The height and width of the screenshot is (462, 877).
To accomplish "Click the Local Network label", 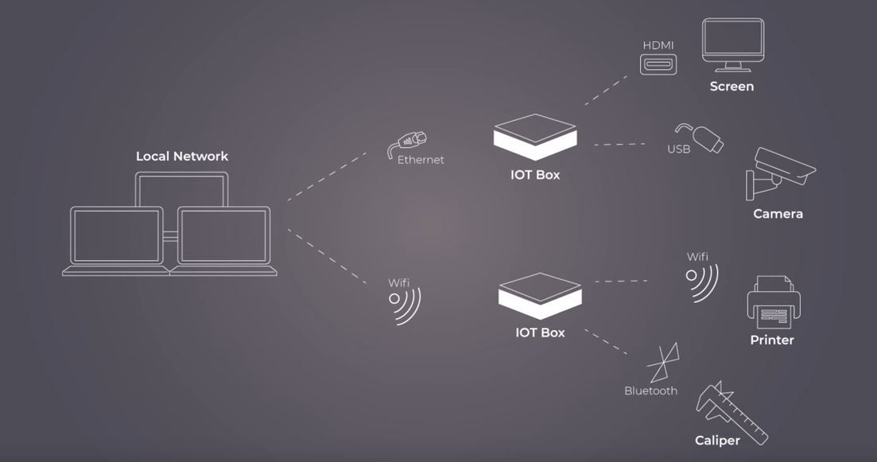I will tap(182, 157).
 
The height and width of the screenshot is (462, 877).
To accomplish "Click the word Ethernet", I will tap(421, 160).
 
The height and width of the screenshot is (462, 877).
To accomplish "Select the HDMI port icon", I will tap(658, 64).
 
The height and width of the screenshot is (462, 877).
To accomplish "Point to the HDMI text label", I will tap(658, 45).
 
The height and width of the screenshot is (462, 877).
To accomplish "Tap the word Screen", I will tap(731, 87).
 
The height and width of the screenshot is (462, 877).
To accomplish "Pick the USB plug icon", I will tap(700, 137).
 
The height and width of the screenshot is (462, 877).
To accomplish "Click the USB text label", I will tap(678, 149).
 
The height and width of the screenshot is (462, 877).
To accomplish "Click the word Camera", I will tap(778, 214).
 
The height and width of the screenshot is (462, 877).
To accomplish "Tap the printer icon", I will tap(773, 302).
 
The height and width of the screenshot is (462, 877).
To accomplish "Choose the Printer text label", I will tap(772, 340).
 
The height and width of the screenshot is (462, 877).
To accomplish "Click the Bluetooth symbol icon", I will tap(663, 362).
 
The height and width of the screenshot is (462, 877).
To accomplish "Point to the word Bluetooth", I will tap(650, 391).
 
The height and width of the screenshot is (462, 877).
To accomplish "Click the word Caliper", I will tap(717, 441).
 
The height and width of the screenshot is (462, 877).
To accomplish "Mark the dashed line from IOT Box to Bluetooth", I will tap(606, 342).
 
